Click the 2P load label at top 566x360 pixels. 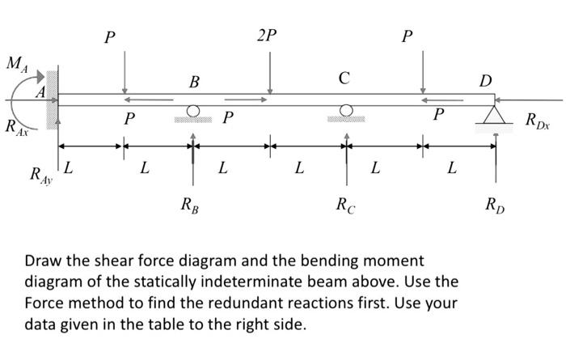coord(266,36)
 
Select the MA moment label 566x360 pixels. coord(18,63)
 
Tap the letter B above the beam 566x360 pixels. coord(193,81)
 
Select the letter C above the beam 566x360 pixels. coord(344,78)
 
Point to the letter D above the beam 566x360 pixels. coord(484,80)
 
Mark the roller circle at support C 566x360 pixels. coord(346,111)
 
